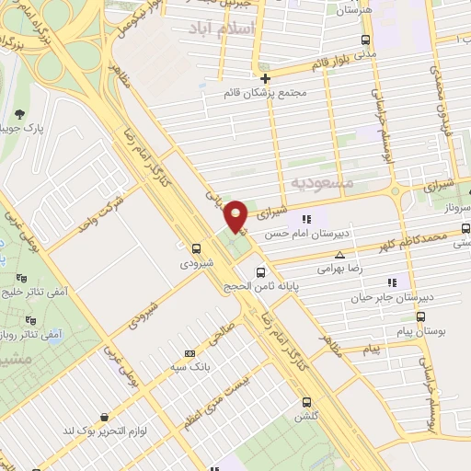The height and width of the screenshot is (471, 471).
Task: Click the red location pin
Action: click(x=237, y=215)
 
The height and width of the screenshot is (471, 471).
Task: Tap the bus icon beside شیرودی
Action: click(x=196, y=248)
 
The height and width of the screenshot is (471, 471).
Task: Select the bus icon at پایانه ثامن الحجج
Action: click(x=261, y=272)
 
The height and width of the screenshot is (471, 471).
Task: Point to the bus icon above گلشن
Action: click(x=308, y=401)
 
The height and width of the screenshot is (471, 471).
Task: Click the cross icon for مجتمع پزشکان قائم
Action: click(x=265, y=78)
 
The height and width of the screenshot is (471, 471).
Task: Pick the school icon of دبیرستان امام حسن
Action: click(x=306, y=219)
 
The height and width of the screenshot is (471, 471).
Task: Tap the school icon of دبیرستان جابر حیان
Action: click(x=392, y=282)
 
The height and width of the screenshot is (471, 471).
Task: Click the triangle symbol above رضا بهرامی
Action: click(x=340, y=255)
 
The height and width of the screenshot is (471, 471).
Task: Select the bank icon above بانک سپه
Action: click(x=190, y=352)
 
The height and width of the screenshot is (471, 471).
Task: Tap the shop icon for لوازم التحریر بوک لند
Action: click(x=103, y=417)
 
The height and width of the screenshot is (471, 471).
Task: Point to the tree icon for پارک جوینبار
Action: click(x=19, y=114)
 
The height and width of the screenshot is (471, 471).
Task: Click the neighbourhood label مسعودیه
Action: click(x=321, y=183)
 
